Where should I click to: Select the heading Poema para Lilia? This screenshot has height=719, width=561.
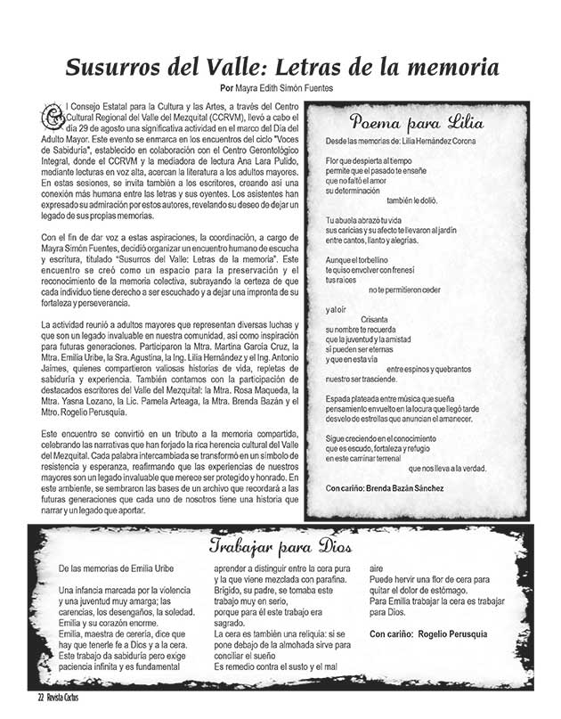point(417,122)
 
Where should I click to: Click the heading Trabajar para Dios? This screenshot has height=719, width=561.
point(281,546)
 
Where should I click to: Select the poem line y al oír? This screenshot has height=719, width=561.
point(335,309)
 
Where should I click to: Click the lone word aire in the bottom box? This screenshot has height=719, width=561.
point(376,567)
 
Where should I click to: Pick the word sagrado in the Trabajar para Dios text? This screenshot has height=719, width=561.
point(234,623)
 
